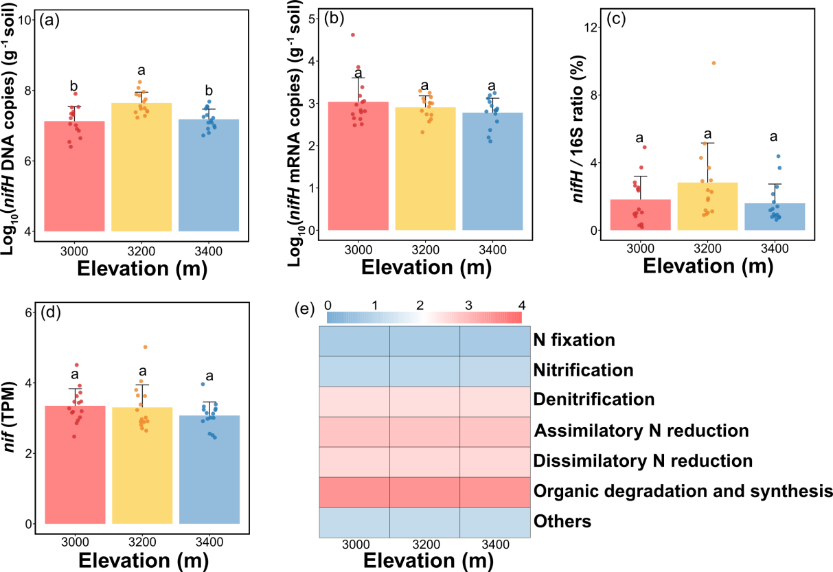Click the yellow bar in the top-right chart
707,206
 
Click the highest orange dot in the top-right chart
714,63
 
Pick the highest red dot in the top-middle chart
353,35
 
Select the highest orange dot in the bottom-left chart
145,347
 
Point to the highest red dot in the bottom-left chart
76,365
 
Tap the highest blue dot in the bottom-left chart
203,384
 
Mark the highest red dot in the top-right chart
644,147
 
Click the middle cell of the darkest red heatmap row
424,492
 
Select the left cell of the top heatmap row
354,341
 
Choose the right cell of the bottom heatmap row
494,523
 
